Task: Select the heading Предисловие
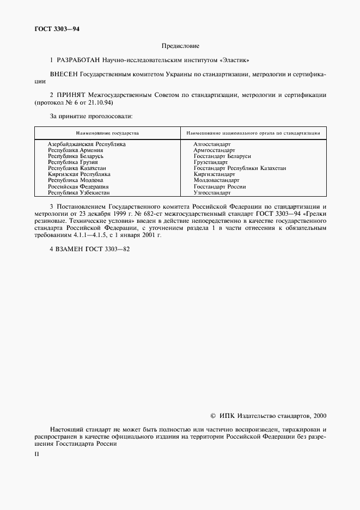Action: (x=180, y=46)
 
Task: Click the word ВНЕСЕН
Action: (x=64, y=73)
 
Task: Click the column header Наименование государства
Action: (x=107, y=133)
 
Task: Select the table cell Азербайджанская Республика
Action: (x=87, y=144)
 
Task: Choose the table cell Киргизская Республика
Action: (x=79, y=174)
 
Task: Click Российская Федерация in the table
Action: (x=78, y=186)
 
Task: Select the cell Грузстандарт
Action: (x=211, y=162)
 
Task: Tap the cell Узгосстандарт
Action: (x=212, y=193)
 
